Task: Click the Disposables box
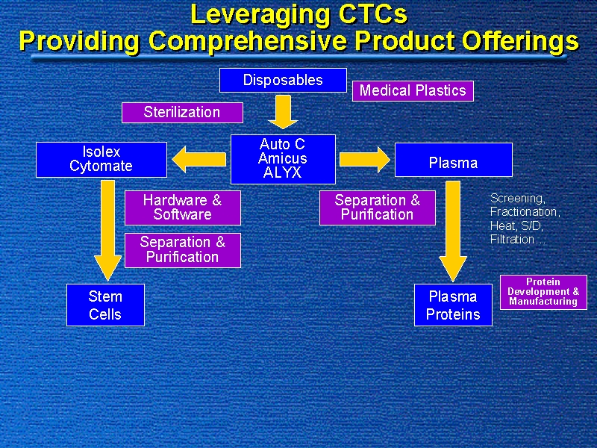pos(283,80)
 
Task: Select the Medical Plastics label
pos(413,90)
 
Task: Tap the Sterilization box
pos(182,112)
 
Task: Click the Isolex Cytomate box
pos(101,159)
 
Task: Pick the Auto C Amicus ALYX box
pos(283,158)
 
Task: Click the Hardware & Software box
pos(183,208)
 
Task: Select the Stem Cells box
pos(105,305)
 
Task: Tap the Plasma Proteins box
pos(453,305)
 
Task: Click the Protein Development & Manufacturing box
pos(543,292)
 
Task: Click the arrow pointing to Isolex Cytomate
pos(199,158)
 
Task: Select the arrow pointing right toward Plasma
pos(364,158)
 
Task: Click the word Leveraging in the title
pos(260,15)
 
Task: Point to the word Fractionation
pos(524,212)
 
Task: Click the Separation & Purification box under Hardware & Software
pos(183,249)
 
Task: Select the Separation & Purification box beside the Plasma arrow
pos(378,208)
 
